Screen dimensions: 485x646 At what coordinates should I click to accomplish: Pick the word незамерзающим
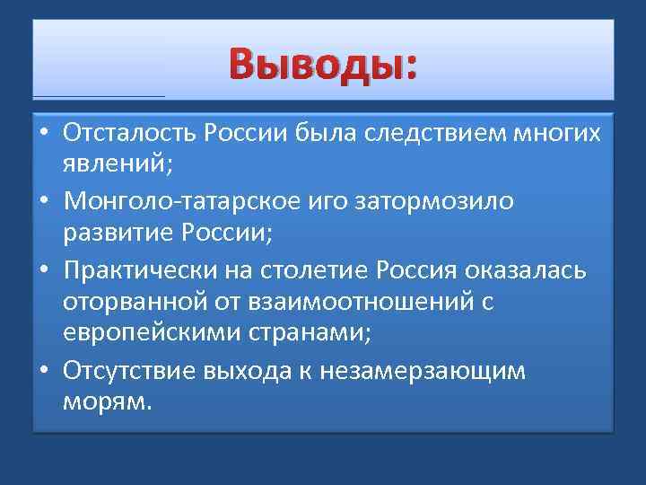[447, 371]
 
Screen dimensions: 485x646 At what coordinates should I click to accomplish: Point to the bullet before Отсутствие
[44, 371]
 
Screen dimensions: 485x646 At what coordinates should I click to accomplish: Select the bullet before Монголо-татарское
[44, 201]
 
